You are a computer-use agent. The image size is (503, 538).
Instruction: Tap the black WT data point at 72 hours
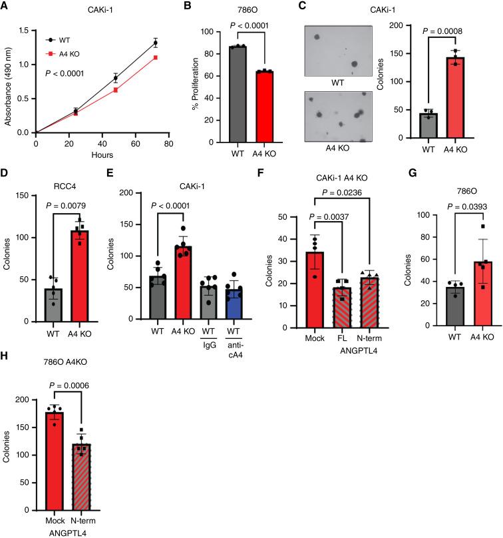click(155, 43)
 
